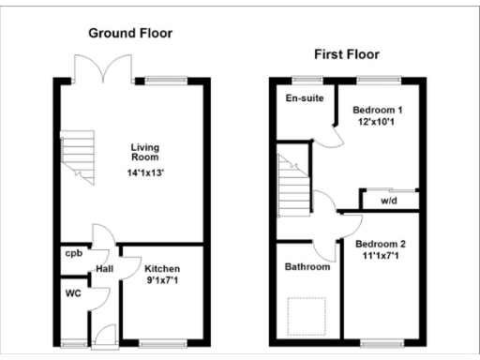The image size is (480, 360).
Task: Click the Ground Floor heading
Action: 130,34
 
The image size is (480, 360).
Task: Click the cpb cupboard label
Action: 72,253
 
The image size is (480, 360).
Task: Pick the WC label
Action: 73,292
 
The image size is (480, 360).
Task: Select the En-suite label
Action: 300,97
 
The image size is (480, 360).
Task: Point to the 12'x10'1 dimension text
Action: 375,121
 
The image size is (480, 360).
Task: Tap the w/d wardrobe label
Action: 388,200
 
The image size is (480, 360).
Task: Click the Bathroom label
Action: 307,267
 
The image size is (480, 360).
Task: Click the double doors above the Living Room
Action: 103,71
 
